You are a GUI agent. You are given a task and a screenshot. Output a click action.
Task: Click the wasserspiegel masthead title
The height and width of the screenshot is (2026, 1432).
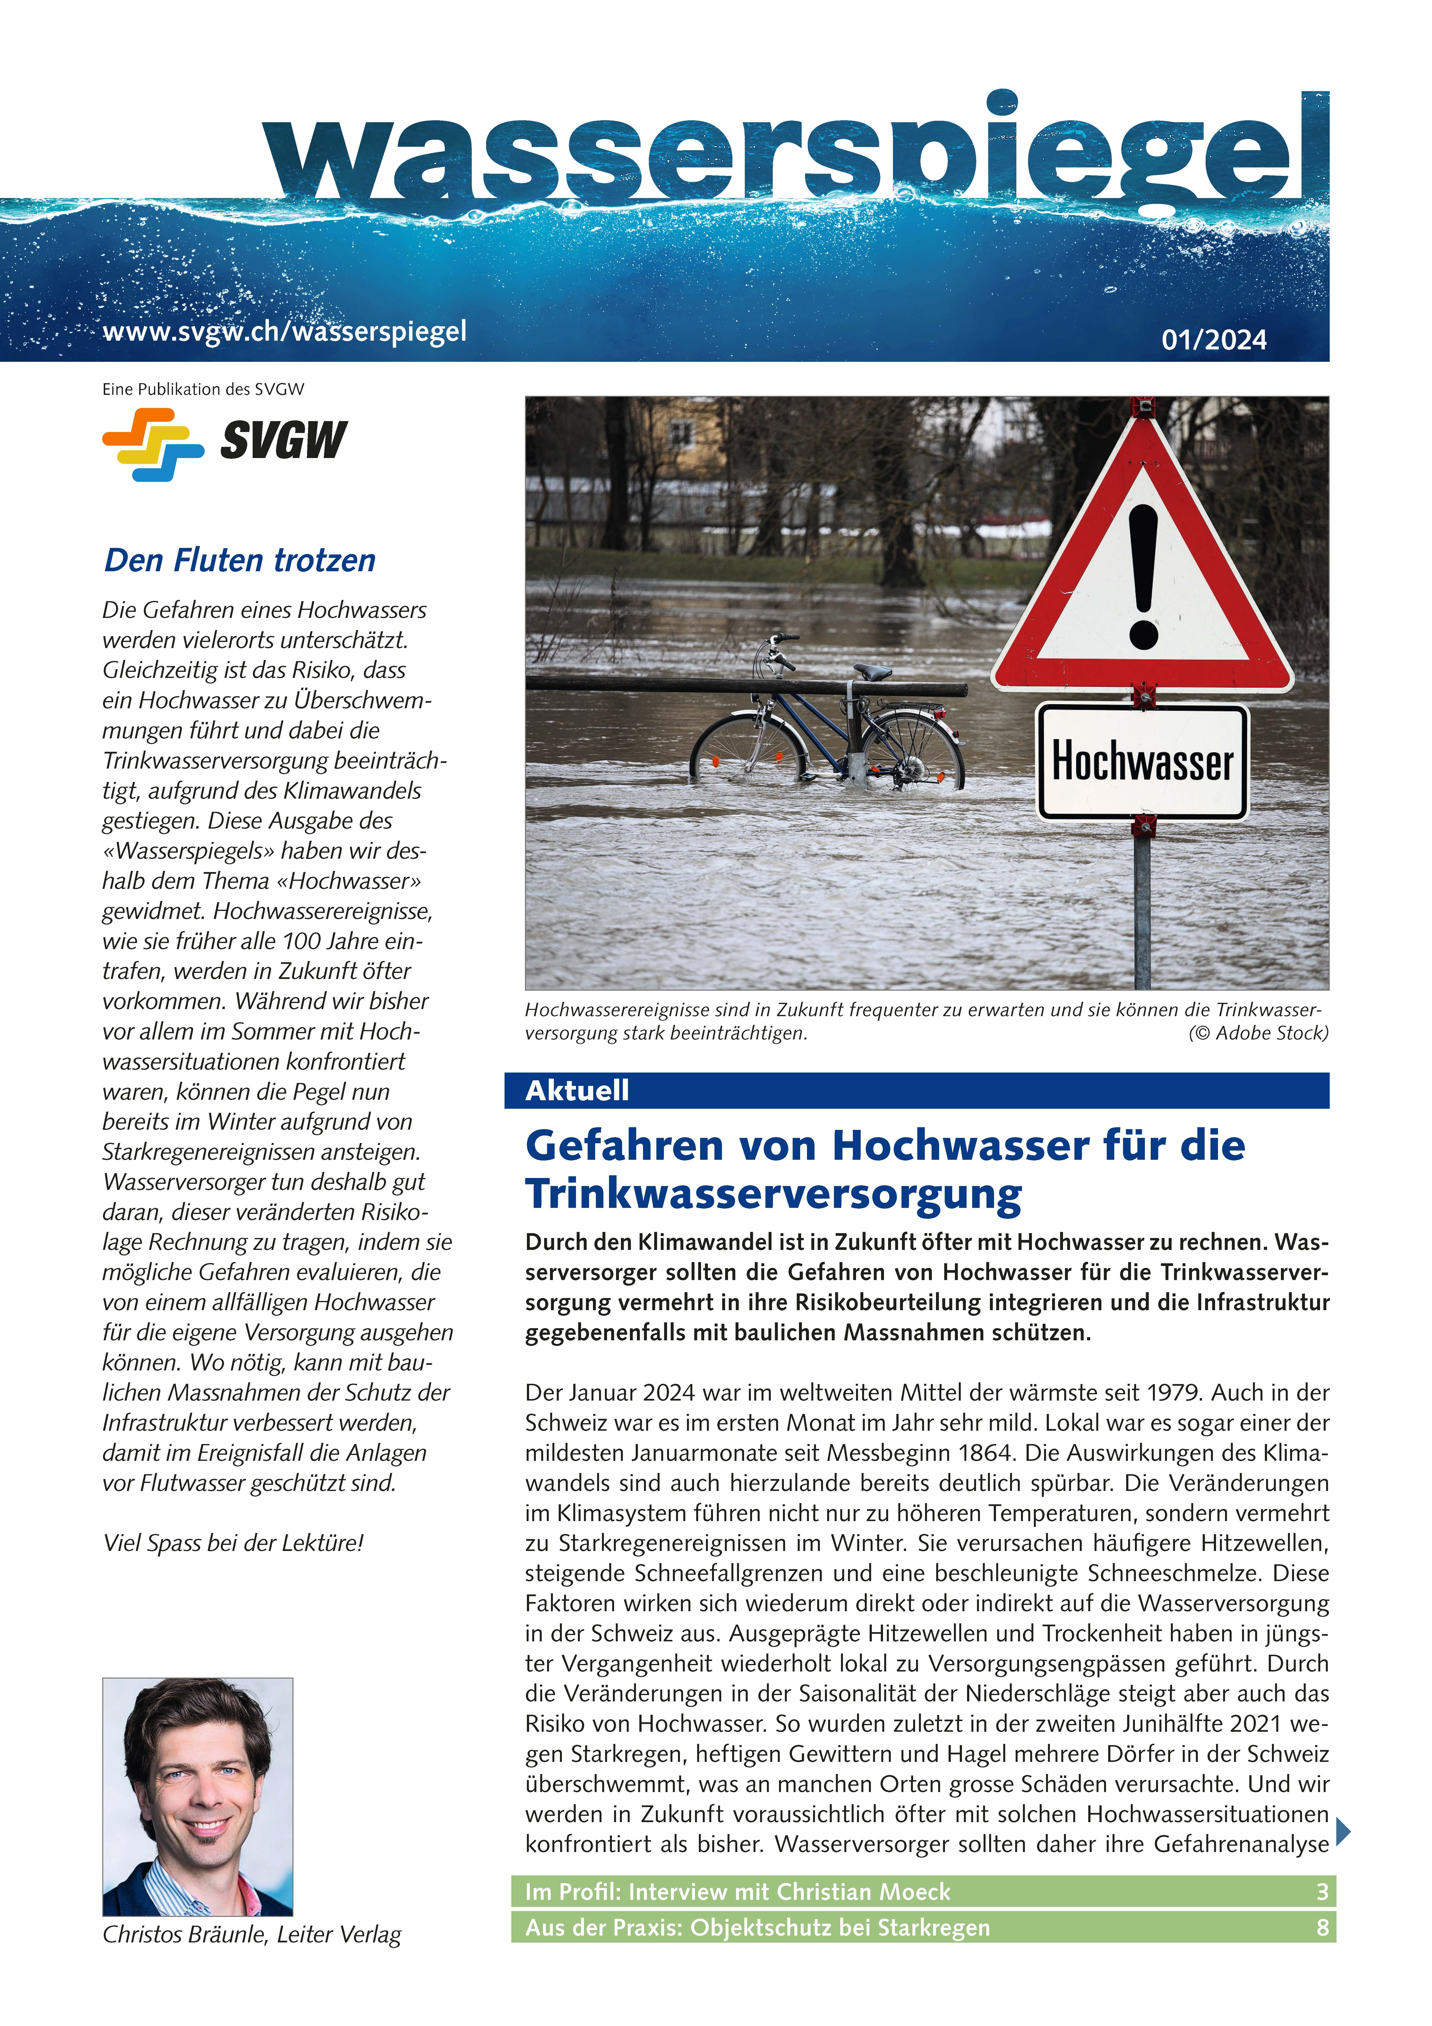794,150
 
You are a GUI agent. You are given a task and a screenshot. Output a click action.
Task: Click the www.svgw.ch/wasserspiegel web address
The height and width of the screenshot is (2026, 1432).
284,332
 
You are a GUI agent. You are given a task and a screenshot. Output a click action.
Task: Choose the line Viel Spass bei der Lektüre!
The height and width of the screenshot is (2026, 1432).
233,1543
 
